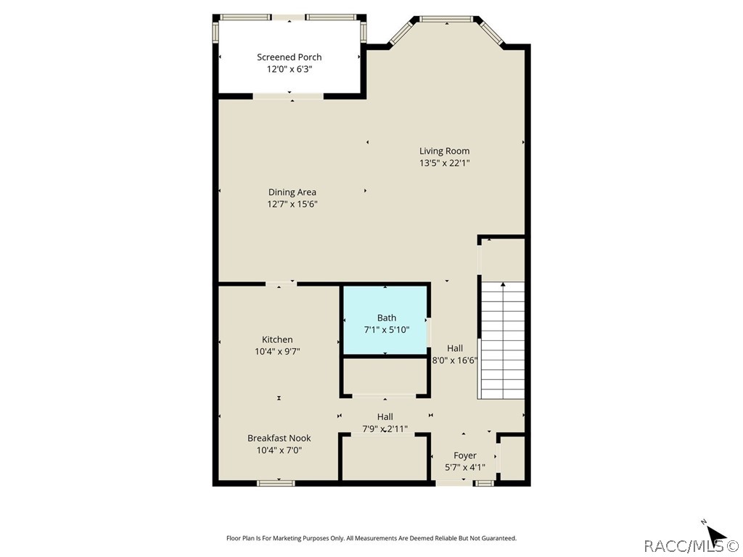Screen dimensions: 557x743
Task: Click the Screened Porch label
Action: click(289, 57)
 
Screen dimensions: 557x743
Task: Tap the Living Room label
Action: click(444, 151)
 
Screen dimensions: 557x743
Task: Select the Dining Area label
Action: click(292, 192)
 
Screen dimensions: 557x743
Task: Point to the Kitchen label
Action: click(277, 339)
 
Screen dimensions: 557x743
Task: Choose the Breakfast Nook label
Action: click(279, 438)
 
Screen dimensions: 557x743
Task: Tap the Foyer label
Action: click(465, 455)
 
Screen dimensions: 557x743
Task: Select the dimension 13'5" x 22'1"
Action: click(444, 163)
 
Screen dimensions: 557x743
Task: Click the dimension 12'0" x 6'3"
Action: click(289, 70)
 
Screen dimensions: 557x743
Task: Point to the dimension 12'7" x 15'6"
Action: click(292, 204)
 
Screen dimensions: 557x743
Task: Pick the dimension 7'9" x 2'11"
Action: click(385, 429)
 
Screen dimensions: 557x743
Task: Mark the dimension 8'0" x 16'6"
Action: click(454, 360)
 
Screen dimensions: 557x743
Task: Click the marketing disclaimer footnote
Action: click(371, 538)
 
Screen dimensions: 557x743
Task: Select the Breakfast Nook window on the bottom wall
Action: click(276, 482)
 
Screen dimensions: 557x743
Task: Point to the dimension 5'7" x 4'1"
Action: click(465, 467)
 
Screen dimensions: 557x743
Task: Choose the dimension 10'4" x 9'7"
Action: click(277, 351)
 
